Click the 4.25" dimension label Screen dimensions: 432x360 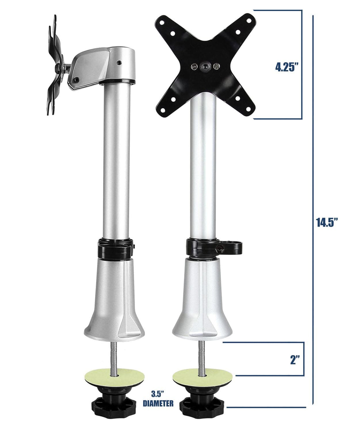(286, 67)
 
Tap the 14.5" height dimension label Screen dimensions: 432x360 (327, 222)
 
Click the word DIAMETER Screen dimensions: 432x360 (158, 404)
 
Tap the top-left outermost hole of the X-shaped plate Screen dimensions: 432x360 (162, 22)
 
